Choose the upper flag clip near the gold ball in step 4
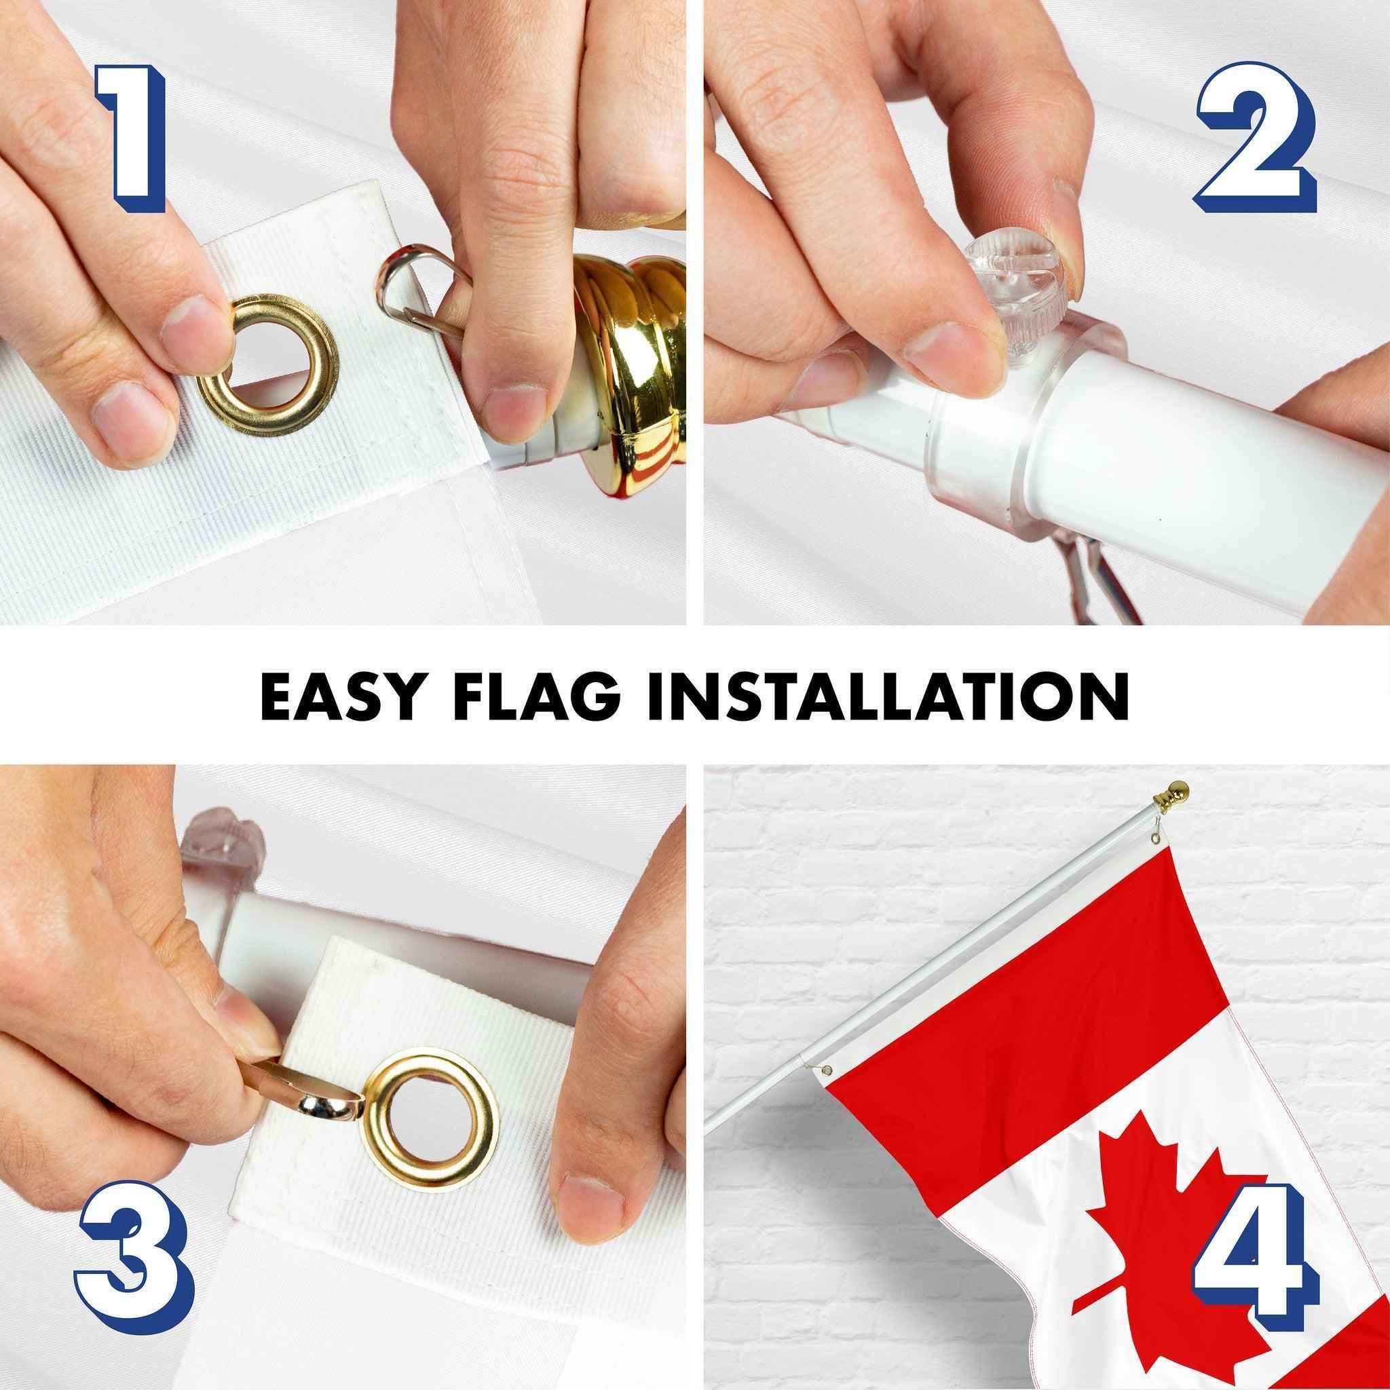point(1157,839)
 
